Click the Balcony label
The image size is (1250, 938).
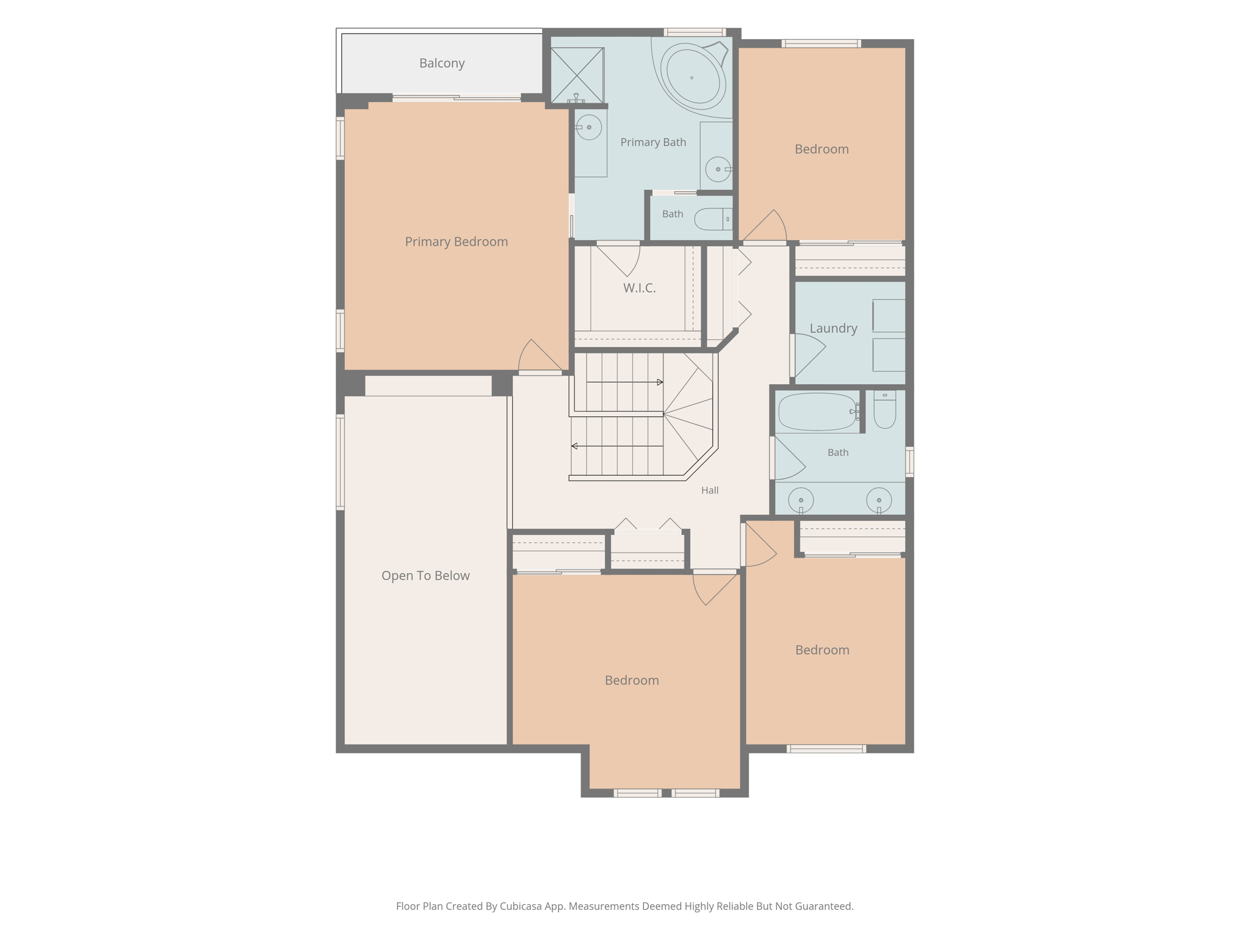pyautogui.click(x=442, y=64)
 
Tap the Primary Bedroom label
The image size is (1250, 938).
pyautogui.click(x=457, y=242)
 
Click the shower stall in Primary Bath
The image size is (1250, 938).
pyautogui.click(x=577, y=75)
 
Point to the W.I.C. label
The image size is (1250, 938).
pyautogui.click(x=640, y=288)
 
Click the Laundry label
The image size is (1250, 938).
pyautogui.click(x=833, y=329)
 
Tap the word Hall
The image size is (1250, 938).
pyautogui.click(x=710, y=490)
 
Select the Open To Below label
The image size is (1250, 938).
pyautogui.click(x=425, y=576)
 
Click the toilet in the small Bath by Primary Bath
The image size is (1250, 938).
pyautogui.click(x=714, y=219)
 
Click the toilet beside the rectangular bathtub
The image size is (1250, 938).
pyautogui.click(x=884, y=409)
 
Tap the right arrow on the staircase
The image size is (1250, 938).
pyautogui.click(x=625, y=382)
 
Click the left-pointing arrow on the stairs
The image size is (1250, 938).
pyautogui.click(x=617, y=446)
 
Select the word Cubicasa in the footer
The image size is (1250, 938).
pyautogui.click(x=521, y=906)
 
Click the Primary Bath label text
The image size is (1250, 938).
pyautogui.click(x=653, y=142)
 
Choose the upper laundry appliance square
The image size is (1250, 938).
pyautogui.click(x=889, y=316)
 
